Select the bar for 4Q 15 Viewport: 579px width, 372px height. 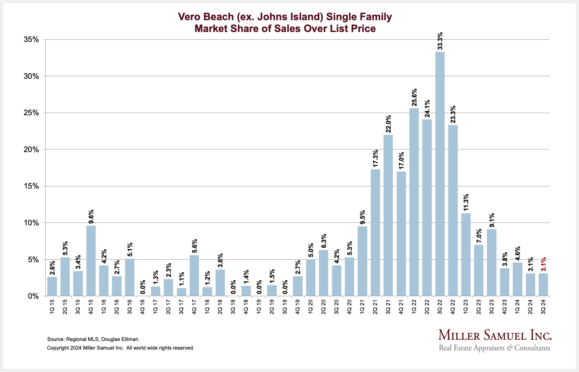[x=91, y=261]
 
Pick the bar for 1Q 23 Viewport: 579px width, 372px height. [x=466, y=255]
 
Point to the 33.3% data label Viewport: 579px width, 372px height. [x=440, y=41]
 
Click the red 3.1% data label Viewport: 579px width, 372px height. [x=543, y=264]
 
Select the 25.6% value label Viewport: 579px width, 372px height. [x=414, y=97]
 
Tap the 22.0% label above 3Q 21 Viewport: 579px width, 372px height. [x=388, y=124]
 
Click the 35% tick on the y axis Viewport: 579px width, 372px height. [x=31, y=40]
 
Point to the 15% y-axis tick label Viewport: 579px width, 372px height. [x=31, y=186]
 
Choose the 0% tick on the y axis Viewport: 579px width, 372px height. [x=33, y=296]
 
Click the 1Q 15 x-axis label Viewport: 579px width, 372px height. [x=52, y=306]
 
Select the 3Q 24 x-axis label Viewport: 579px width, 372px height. [x=543, y=306]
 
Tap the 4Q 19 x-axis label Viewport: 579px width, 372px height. [x=298, y=306]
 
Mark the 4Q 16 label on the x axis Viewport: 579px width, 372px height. [x=143, y=306]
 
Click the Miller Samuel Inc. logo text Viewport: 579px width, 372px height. [x=495, y=335]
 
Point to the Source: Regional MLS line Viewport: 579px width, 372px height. [x=92, y=339]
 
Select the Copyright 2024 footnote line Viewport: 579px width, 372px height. [x=120, y=348]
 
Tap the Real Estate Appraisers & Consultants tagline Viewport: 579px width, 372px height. [x=495, y=348]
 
